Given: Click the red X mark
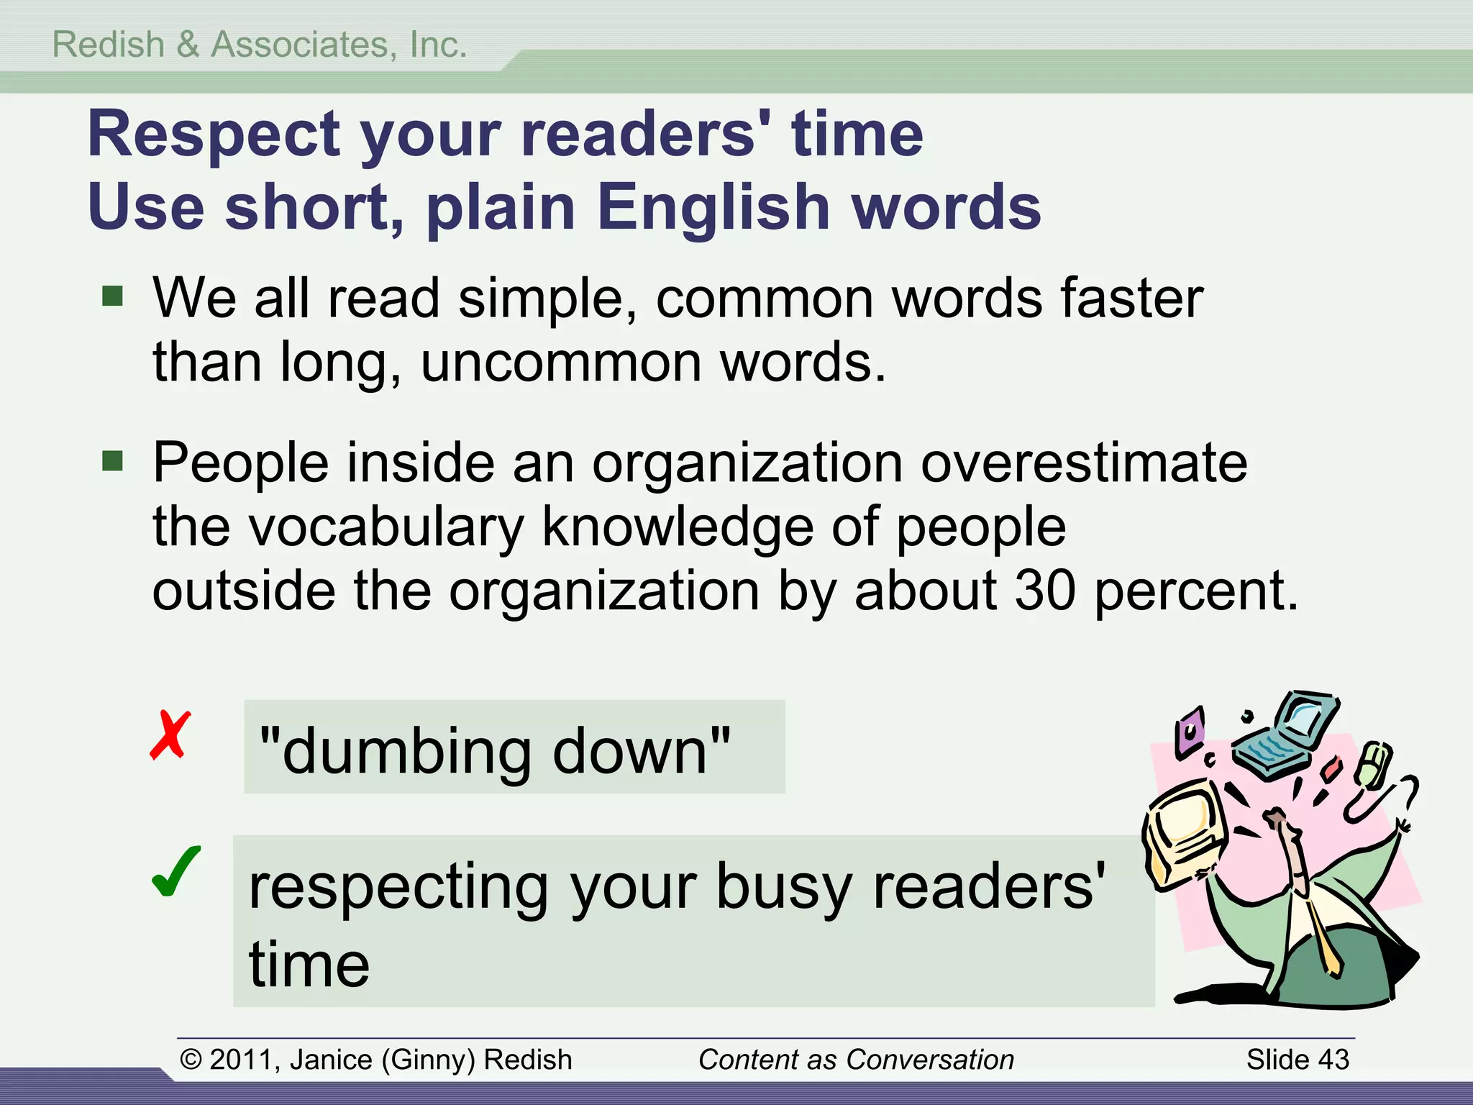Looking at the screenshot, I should (170, 735).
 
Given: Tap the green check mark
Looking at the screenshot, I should (176, 872).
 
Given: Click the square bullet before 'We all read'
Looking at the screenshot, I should (113, 296).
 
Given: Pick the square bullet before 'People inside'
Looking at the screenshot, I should (113, 460).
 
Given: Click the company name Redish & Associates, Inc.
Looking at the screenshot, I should (260, 45).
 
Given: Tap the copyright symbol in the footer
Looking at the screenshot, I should (191, 1060).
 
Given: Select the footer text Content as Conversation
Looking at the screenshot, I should (856, 1060).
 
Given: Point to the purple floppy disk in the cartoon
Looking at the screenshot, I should (1190, 732).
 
